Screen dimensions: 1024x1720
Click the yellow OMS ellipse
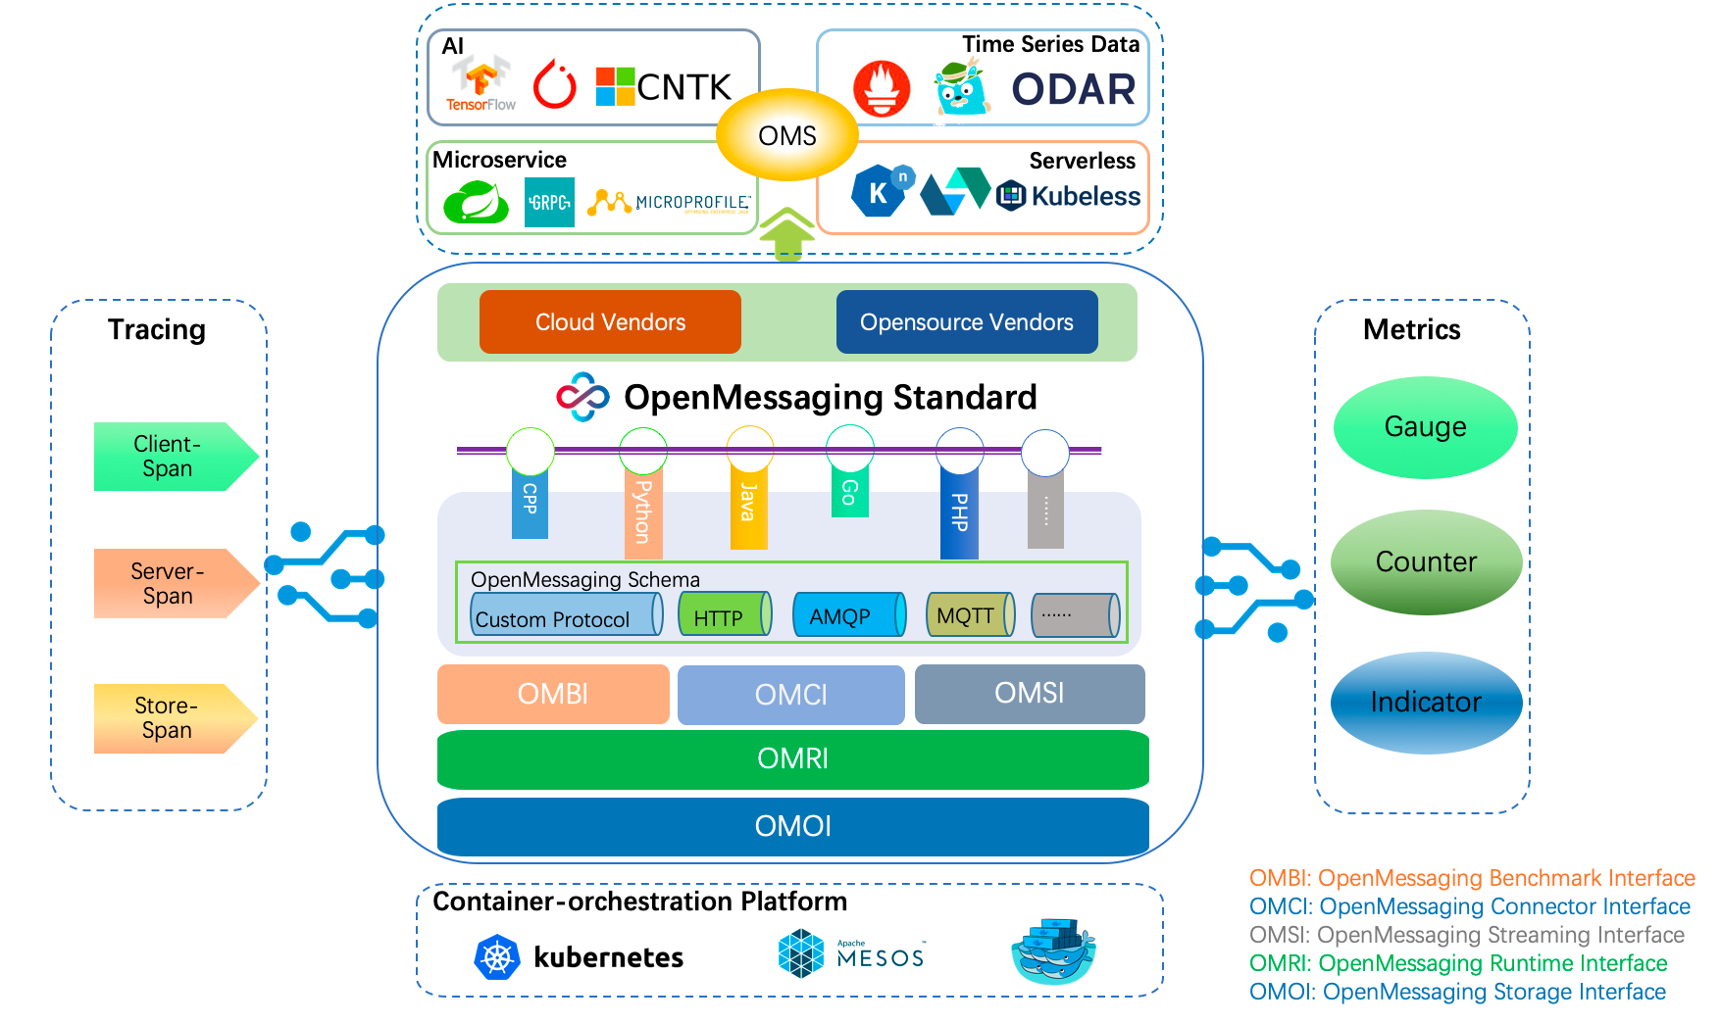point(786,135)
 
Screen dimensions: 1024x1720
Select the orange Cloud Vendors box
point(610,321)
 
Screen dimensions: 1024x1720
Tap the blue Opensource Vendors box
point(966,321)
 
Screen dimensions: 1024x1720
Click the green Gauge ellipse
point(1425,427)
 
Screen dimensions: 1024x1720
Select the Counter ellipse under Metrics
point(1426,562)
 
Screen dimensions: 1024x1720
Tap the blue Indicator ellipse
point(1426,703)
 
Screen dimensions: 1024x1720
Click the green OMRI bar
point(792,759)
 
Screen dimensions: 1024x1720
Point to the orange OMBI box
point(553,694)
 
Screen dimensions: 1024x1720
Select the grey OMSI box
point(1029,694)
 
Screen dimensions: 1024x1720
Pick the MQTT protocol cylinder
point(969,615)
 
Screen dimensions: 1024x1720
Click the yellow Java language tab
point(748,505)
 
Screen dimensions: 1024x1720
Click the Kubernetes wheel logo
point(497,957)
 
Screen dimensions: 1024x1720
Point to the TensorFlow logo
point(481,84)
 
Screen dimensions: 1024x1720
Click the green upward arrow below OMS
point(786,235)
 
